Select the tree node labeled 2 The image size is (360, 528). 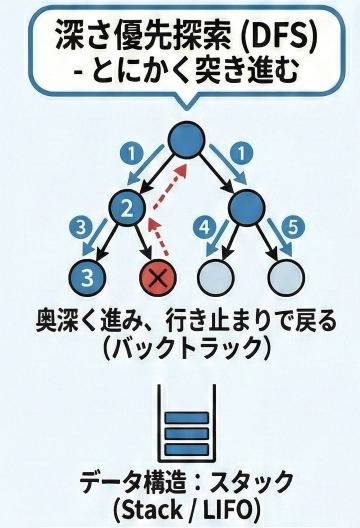(127, 209)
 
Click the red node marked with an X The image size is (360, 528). (157, 275)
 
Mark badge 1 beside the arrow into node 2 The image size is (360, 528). (126, 154)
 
